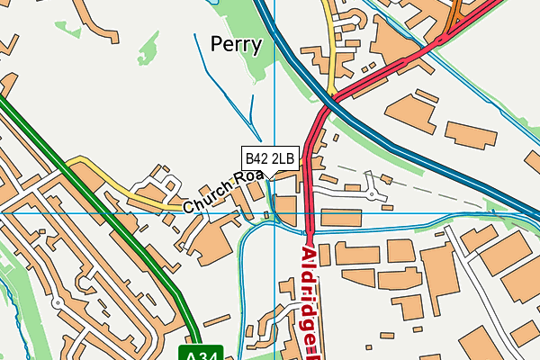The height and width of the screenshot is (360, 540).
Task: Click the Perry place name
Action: (x=236, y=44)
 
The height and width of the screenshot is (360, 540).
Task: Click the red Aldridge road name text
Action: (x=310, y=297)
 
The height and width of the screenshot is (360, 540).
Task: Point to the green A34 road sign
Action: (x=201, y=352)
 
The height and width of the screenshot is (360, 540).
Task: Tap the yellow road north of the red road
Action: (x=332, y=54)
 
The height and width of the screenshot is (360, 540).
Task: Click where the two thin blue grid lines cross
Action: (x=274, y=213)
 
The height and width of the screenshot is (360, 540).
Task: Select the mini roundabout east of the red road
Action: (x=371, y=191)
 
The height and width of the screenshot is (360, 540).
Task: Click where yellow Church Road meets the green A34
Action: (x=67, y=163)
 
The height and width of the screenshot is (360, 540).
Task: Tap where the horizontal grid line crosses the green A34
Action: (x=116, y=213)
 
